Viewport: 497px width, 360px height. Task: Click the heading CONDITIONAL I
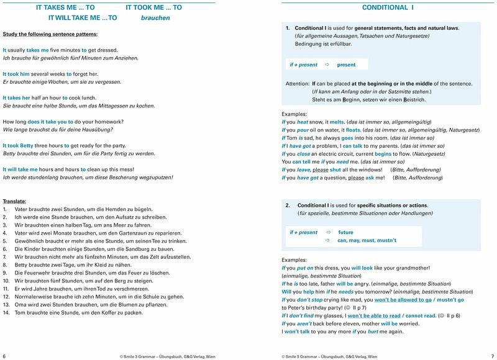388,8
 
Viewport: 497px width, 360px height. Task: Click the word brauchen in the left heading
155,19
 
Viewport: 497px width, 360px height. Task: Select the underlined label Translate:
14,202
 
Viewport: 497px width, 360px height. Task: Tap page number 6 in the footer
4,356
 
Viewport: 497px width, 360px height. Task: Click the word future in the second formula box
345,232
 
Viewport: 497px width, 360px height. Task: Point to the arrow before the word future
328,232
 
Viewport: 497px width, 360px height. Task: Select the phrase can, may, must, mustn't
367,240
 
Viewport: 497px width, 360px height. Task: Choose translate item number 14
6,312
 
